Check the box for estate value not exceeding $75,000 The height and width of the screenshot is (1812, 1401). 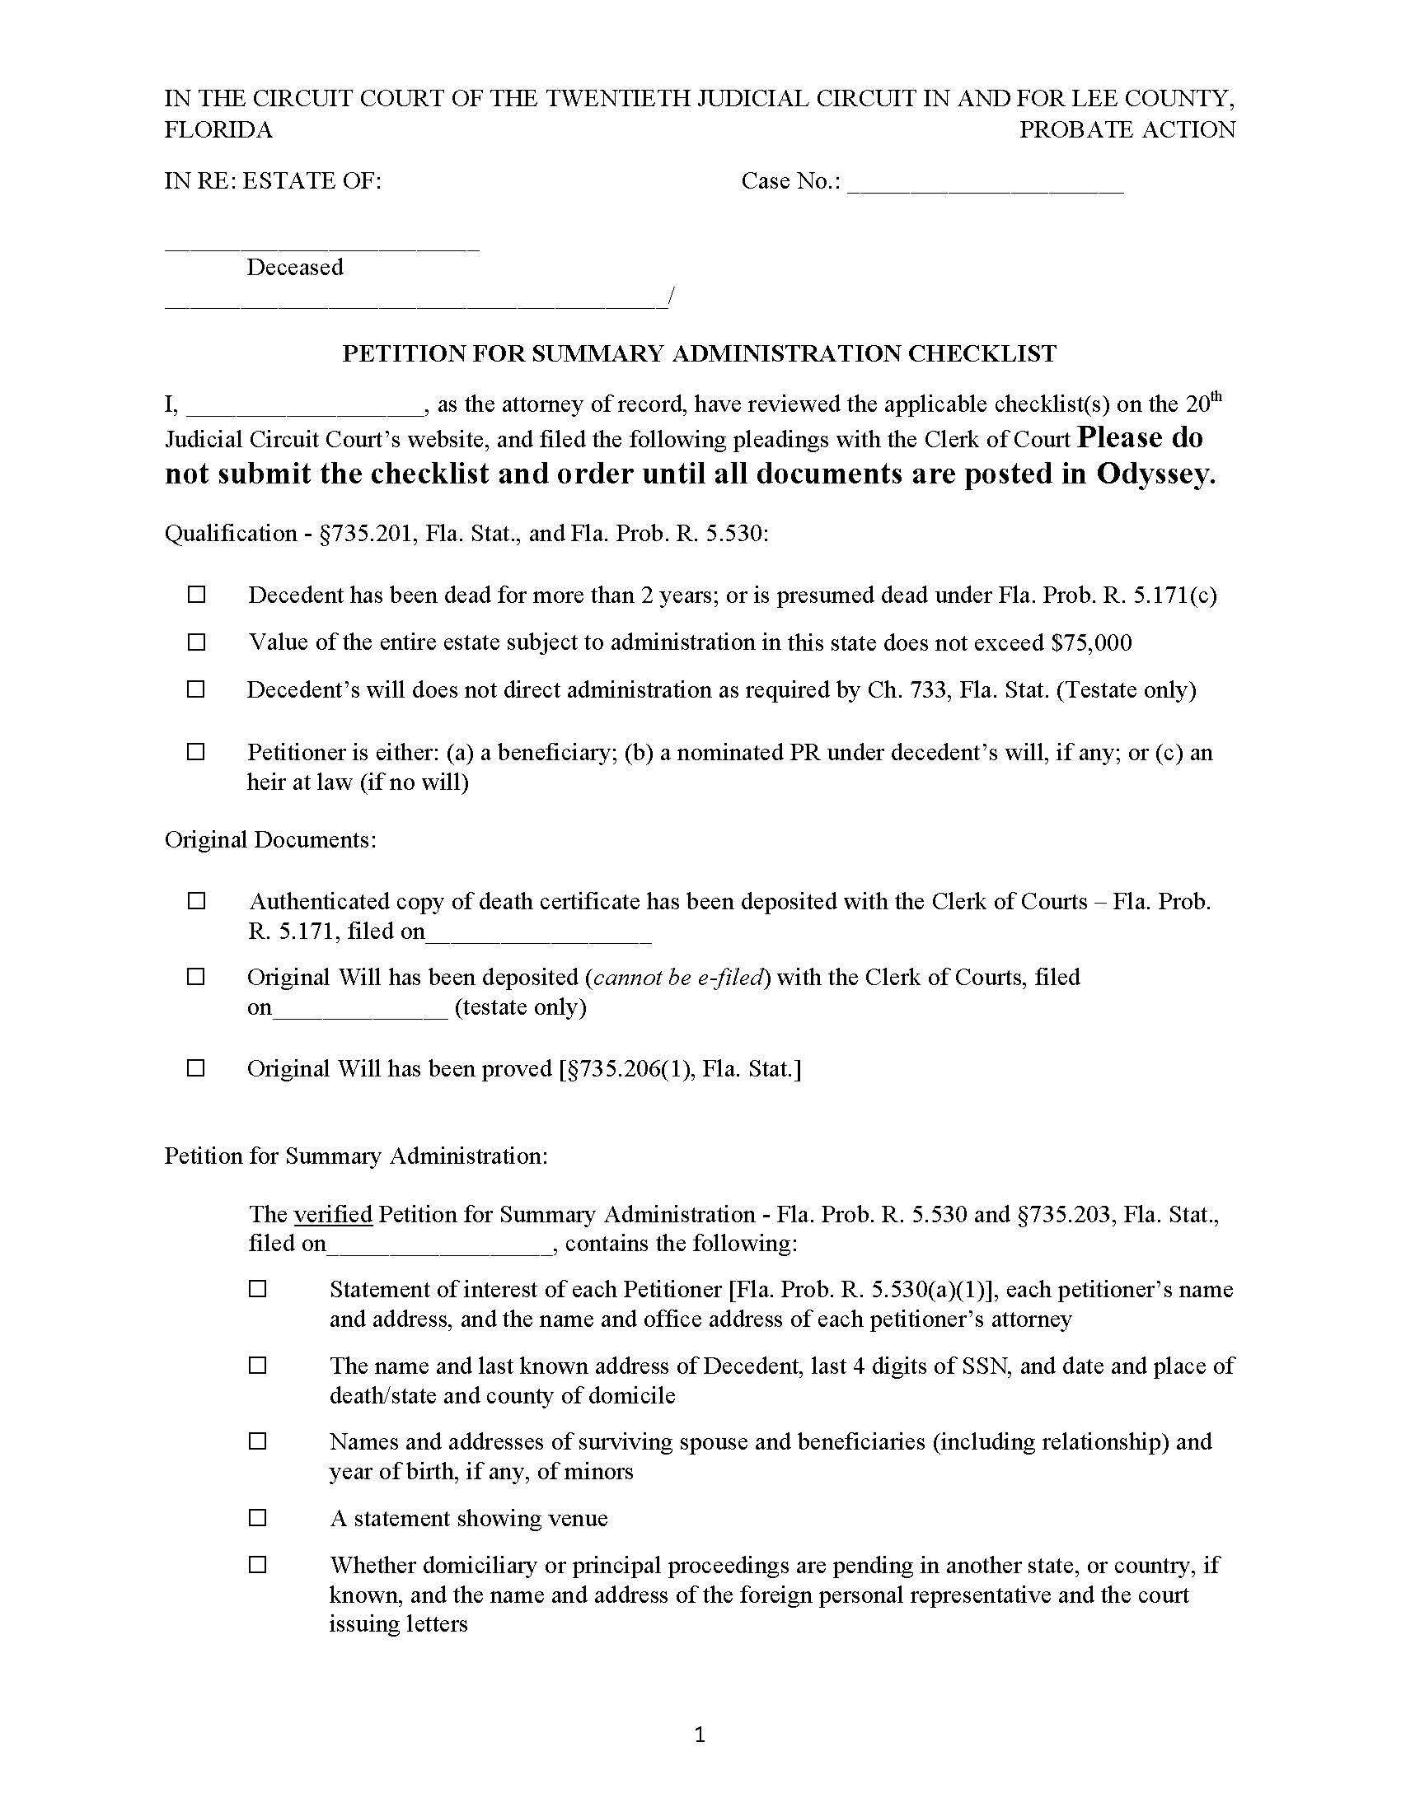tap(196, 642)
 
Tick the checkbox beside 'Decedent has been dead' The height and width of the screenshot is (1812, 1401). tap(196, 595)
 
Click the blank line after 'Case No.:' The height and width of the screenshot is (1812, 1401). tap(985, 184)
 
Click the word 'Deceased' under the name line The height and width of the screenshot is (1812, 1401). tap(295, 267)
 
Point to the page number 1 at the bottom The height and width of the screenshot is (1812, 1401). tap(700, 1734)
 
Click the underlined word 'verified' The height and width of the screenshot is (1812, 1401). tap(333, 1214)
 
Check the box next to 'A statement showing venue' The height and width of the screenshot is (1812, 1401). tap(258, 1518)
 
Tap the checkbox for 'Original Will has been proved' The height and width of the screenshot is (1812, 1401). tap(196, 1068)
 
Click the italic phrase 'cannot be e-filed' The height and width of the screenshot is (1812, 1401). tap(677, 978)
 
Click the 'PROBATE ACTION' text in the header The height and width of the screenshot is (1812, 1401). tap(1127, 130)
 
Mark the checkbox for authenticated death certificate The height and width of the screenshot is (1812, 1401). tap(196, 901)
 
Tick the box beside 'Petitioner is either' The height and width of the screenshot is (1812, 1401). tap(196, 752)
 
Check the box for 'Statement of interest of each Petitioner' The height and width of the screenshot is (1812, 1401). tap(258, 1289)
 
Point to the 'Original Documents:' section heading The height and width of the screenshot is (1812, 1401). tap(270, 839)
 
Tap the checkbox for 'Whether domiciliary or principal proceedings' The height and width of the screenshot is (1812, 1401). tap(258, 1565)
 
